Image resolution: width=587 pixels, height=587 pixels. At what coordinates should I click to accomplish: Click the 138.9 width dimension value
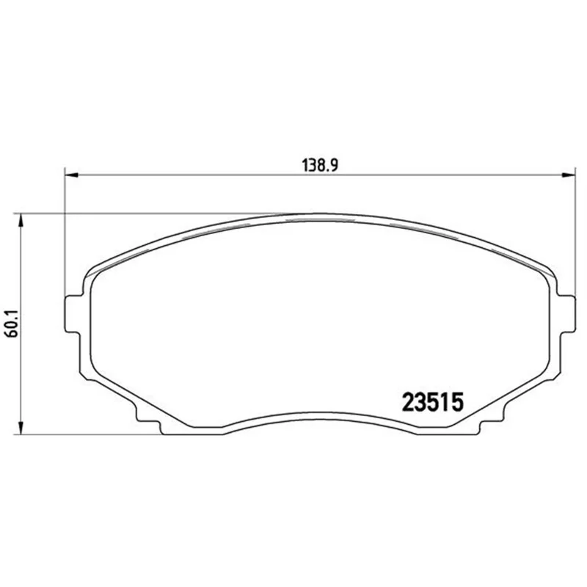(320, 165)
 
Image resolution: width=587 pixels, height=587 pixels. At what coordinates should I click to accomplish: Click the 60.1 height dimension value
(13, 324)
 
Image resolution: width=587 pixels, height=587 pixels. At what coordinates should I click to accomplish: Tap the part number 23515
(433, 402)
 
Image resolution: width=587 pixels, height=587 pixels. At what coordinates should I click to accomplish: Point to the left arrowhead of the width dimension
(71, 175)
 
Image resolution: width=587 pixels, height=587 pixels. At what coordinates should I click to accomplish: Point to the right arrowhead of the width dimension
(568, 175)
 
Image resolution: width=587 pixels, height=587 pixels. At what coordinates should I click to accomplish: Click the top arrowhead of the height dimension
(21, 220)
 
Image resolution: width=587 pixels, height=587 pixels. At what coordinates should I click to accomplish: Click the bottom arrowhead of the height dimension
(21, 428)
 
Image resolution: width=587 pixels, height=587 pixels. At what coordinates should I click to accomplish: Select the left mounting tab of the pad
(73, 314)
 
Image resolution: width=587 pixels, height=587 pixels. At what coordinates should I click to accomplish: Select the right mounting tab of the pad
(566, 314)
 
